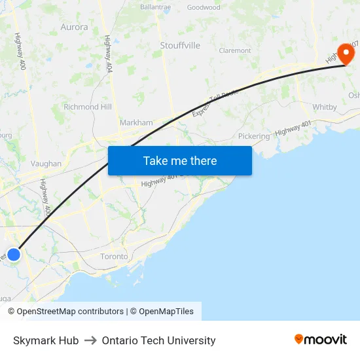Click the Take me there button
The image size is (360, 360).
180,161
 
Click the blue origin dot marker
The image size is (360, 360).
14,254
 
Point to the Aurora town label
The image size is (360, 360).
74,27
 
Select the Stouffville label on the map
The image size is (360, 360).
180,45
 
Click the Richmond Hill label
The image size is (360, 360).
88,107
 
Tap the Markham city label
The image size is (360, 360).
136,122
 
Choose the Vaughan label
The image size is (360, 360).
46,164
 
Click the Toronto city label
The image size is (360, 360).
114,257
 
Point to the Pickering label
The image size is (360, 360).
254,136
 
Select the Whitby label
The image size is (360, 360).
325,107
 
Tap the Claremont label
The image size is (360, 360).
235,50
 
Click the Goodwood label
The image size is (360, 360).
204,8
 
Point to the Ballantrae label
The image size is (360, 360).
156,8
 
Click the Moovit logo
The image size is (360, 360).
321,340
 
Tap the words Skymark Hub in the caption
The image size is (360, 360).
46,340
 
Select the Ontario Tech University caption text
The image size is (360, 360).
158,340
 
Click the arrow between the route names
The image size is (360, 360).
90,340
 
